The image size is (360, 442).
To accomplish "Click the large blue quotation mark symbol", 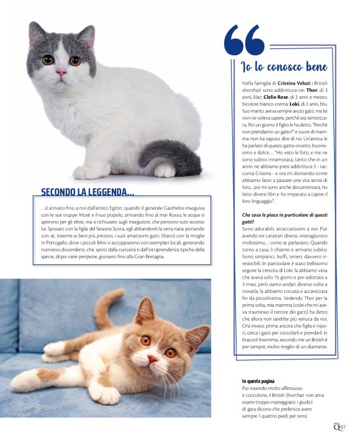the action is click(x=244, y=40).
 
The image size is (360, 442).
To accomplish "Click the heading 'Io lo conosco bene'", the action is click(x=284, y=66).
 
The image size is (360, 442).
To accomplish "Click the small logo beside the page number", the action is click(x=335, y=426).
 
